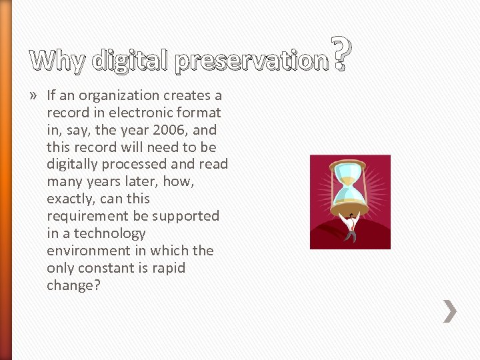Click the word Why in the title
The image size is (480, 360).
[x=59, y=61]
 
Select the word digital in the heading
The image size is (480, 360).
[x=131, y=61]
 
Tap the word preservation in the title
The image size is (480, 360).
[x=252, y=61]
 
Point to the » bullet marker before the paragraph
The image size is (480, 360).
[x=35, y=95]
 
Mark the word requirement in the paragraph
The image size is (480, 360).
[x=84, y=216]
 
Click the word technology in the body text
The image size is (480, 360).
[x=109, y=233]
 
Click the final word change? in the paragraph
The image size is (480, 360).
[x=72, y=285]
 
